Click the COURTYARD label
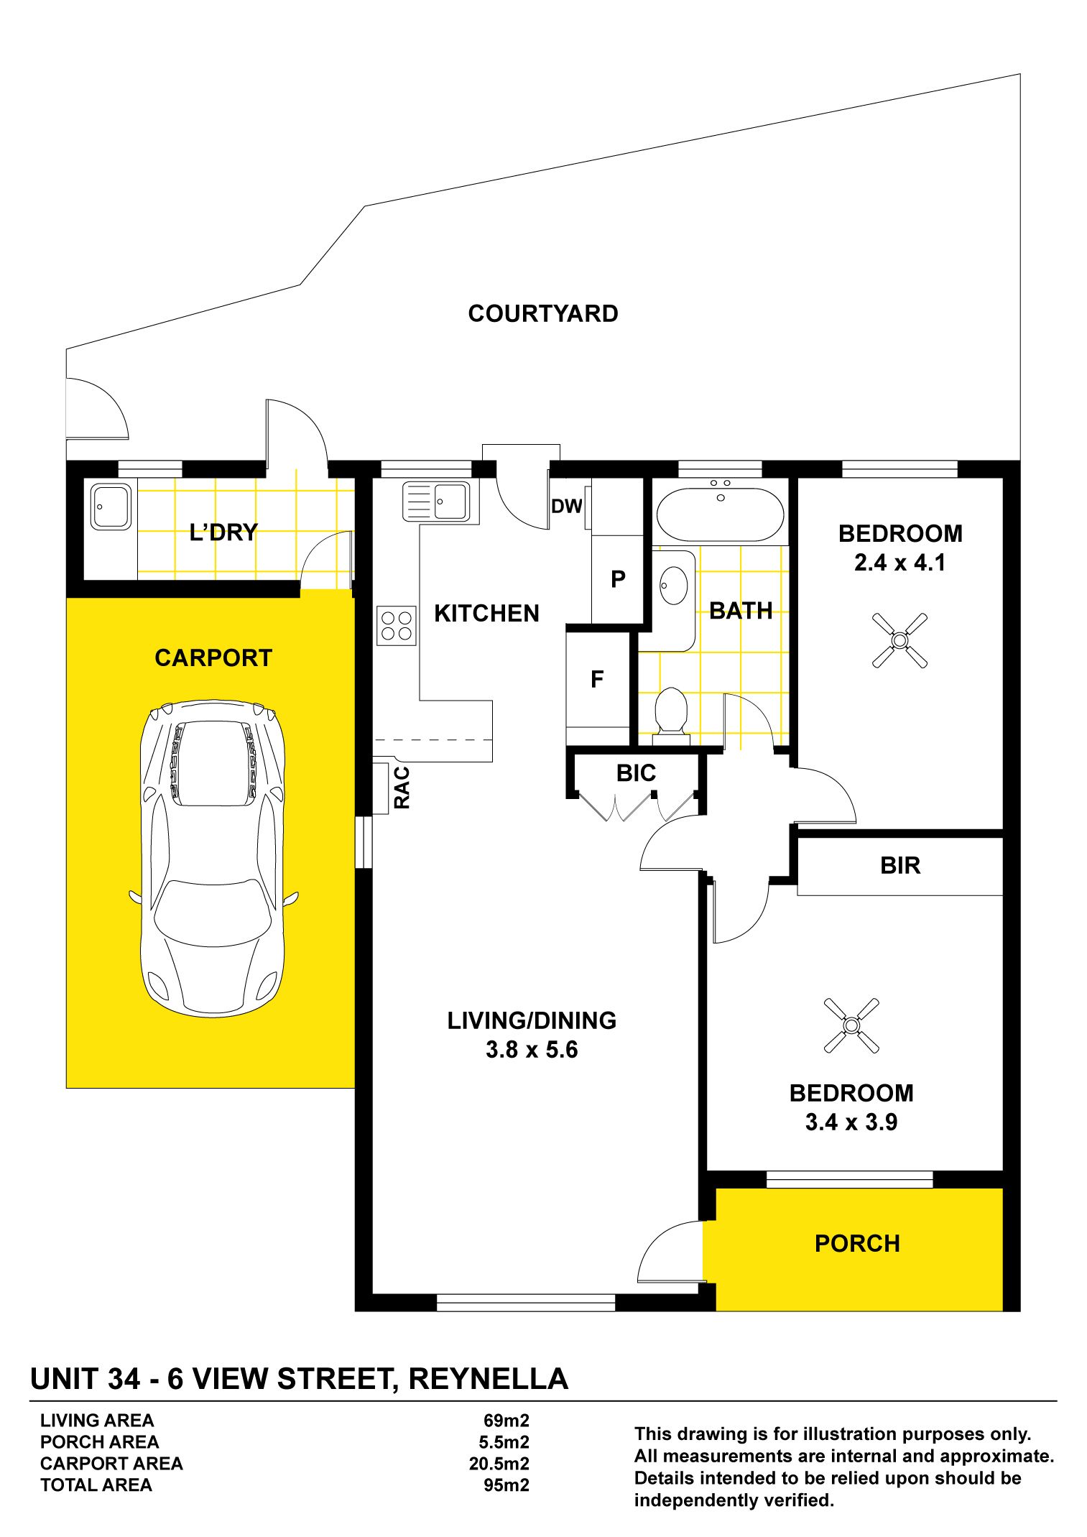click(x=542, y=313)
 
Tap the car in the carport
click(x=213, y=859)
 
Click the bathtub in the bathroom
click(x=721, y=513)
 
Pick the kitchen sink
click(x=436, y=501)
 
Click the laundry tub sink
click(x=111, y=506)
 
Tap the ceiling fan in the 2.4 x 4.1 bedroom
click(x=899, y=640)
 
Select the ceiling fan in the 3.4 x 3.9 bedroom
click(x=851, y=1025)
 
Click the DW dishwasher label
click(x=566, y=507)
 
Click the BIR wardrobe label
click(x=900, y=865)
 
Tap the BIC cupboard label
click(x=636, y=772)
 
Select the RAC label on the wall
click(x=402, y=788)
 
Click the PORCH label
click(x=857, y=1243)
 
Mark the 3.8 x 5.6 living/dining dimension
click(x=532, y=1050)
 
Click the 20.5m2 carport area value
click(x=499, y=1463)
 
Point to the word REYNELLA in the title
click(x=489, y=1379)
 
